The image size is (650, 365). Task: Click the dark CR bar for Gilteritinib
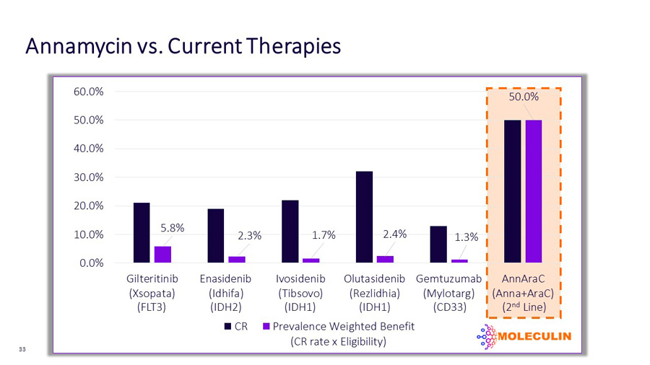tap(142, 232)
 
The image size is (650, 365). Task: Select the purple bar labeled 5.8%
tap(162, 255)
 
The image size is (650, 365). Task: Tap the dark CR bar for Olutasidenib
tap(364, 217)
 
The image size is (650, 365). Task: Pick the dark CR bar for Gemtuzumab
tap(438, 244)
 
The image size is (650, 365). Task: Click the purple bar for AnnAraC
tap(534, 191)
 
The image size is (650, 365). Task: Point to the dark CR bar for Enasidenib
tap(215, 236)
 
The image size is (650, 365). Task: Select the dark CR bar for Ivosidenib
tap(290, 232)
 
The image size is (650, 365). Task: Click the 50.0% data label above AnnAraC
tap(524, 97)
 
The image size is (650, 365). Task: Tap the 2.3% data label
tap(250, 236)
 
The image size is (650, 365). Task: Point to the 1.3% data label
tap(467, 237)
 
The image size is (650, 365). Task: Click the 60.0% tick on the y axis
tap(89, 92)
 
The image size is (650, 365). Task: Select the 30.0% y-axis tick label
tap(89, 177)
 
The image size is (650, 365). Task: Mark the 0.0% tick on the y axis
tap(92, 263)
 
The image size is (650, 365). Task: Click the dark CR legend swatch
tap(227, 327)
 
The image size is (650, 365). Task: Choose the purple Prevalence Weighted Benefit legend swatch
tap(266, 327)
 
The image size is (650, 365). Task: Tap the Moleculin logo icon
tap(487, 336)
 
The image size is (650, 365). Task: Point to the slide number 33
tap(22, 349)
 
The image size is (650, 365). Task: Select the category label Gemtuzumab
tap(449, 278)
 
